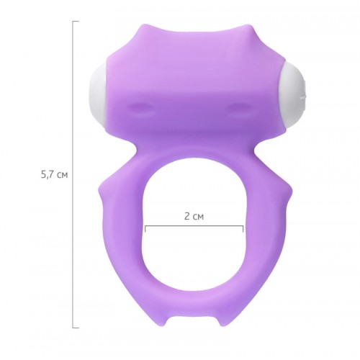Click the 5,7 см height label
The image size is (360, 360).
[x=55, y=175]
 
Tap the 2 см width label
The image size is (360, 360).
[x=194, y=216]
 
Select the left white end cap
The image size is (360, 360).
[x=99, y=99]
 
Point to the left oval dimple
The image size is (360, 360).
[x=140, y=106]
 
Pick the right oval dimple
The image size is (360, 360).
[x=240, y=106]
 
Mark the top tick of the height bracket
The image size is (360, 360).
[x=76, y=22]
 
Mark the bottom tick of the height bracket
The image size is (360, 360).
[x=76, y=328]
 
